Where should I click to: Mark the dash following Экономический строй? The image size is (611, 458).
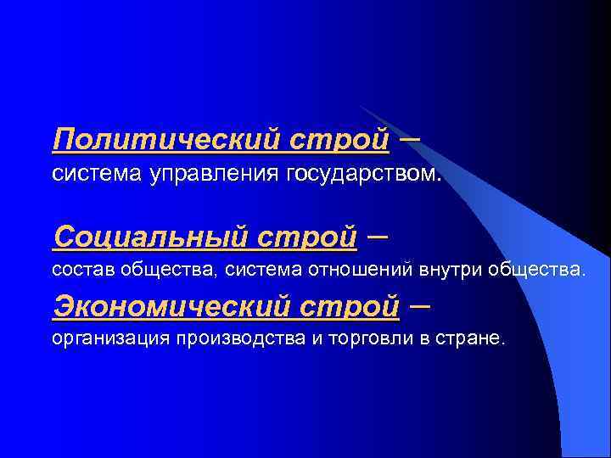click(419, 302)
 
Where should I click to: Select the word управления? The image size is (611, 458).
click(216, 176)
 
